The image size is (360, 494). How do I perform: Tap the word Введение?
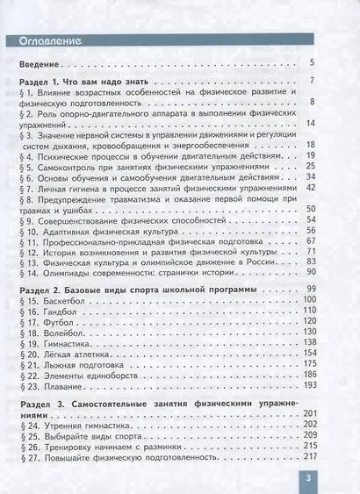pos(41,64)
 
